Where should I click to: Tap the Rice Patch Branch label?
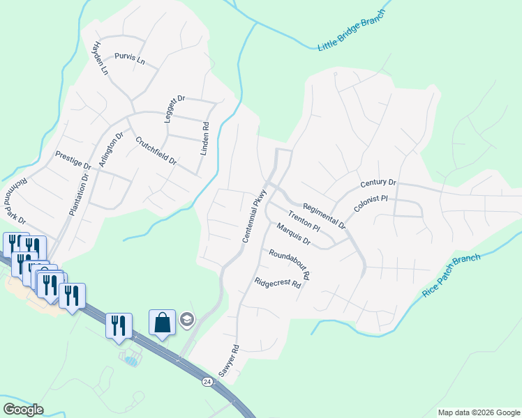tap(452, 277)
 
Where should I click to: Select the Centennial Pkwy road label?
tap(255, 216)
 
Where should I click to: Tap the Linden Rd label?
tap(205, 138)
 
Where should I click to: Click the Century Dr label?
tap(378, 183)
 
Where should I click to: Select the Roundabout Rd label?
tap(289, 264)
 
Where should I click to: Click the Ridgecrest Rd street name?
tap(277, 284)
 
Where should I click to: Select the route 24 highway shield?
tap(207, 382)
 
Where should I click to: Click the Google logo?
tap(23, 410)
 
